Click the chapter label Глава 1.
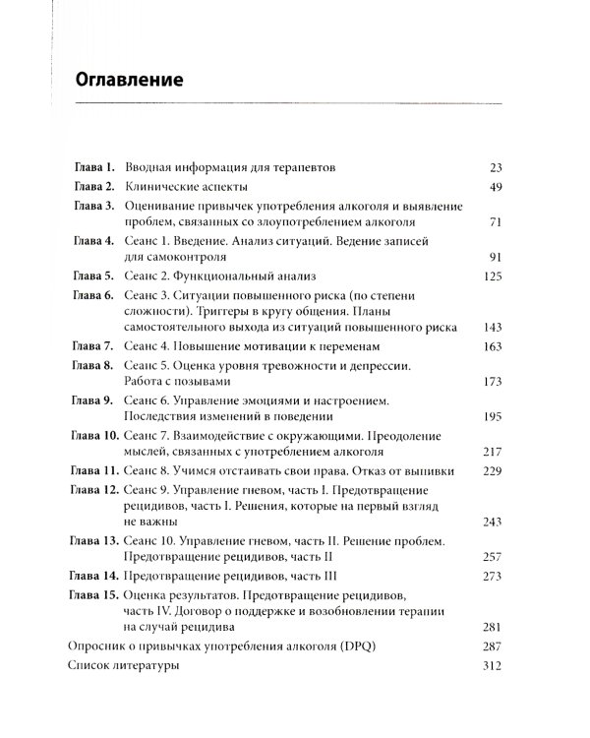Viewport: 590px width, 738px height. coord(95,167)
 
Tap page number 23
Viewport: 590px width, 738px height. coord(495,167)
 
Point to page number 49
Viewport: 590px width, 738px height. coord(495,186)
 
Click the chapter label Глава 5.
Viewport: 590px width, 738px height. coord(95,277)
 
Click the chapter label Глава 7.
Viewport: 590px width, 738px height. coord(95,347)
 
